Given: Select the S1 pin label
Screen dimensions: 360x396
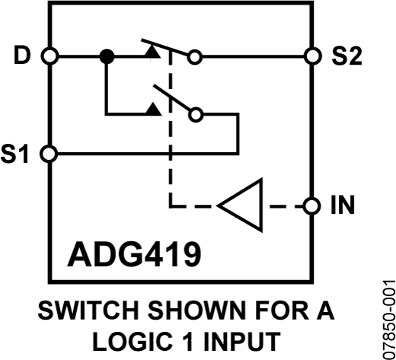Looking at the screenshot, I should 19,153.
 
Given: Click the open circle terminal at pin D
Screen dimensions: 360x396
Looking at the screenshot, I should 49,56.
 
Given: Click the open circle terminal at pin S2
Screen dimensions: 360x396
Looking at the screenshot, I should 311,56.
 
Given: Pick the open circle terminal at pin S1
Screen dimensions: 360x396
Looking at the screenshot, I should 49,153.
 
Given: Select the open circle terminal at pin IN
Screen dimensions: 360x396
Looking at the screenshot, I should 311,206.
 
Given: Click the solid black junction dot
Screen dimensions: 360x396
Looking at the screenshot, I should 107,56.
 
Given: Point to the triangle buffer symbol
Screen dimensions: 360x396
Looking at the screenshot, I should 242,206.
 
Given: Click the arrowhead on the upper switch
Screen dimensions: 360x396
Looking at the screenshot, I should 155,49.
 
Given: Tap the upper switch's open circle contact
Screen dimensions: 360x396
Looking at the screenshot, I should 196,56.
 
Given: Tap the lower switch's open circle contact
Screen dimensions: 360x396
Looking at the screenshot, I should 196,115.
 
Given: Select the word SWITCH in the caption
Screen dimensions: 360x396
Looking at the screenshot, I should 81,312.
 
